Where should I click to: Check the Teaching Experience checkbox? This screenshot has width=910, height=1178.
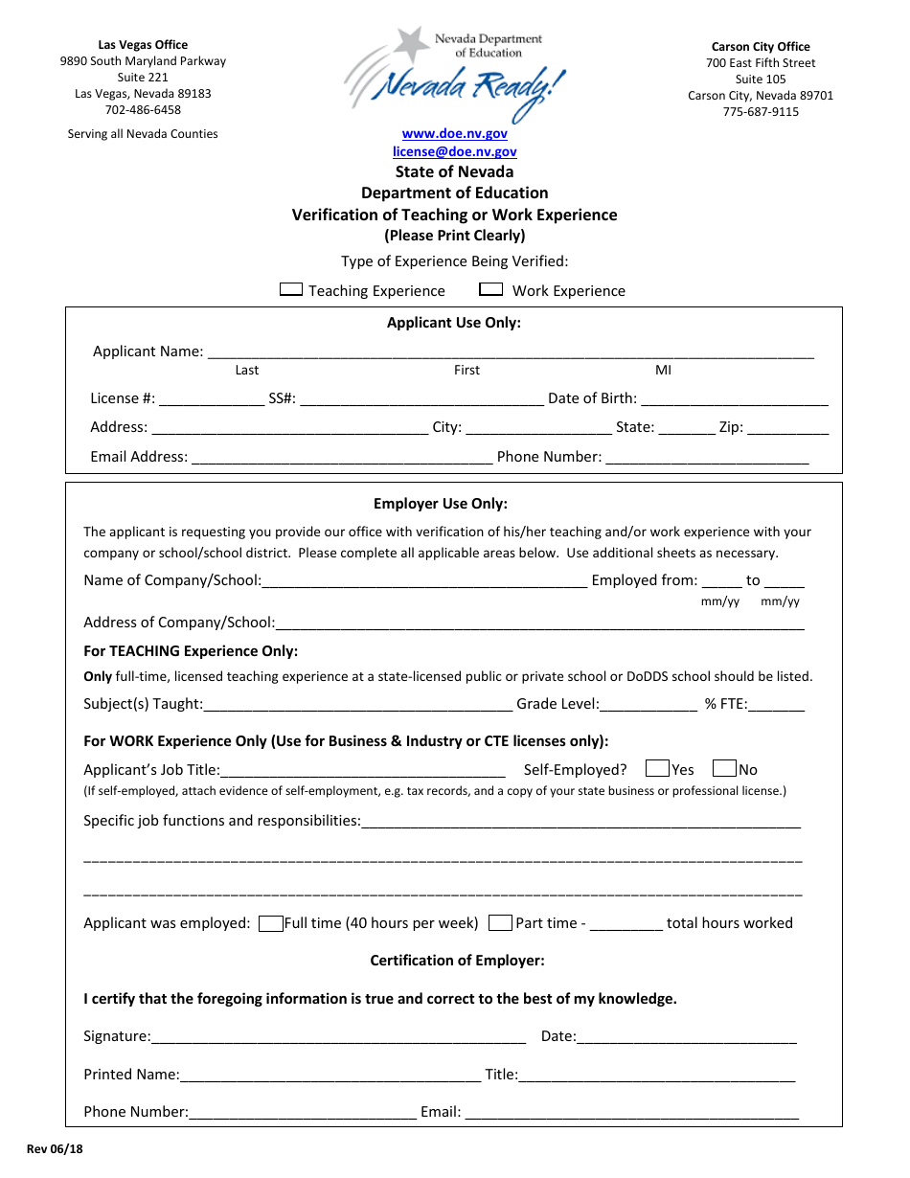(291, 289)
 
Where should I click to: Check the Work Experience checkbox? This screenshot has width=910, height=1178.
(491, 289)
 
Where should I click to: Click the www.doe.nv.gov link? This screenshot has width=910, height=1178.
(454, 134)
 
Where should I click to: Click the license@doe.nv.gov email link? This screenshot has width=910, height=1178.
(454, 151)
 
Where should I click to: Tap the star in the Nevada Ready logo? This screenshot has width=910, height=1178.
(413, 43)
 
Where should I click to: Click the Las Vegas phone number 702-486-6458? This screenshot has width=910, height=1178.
(143, 110)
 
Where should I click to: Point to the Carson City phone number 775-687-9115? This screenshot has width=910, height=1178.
(761, 111)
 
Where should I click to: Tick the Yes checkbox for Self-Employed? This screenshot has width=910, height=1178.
(657, 768)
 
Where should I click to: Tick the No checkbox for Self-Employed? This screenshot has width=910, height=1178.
(725, 768)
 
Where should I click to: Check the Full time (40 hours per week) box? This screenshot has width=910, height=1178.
(271, 923)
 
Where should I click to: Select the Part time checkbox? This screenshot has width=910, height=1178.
(500, 923)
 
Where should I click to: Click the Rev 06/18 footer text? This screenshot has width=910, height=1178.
(55, 1150)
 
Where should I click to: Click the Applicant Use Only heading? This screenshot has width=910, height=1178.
(453, 323)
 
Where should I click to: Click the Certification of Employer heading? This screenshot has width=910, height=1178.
(457, 961)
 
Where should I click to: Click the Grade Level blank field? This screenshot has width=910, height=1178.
(649, 705)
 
